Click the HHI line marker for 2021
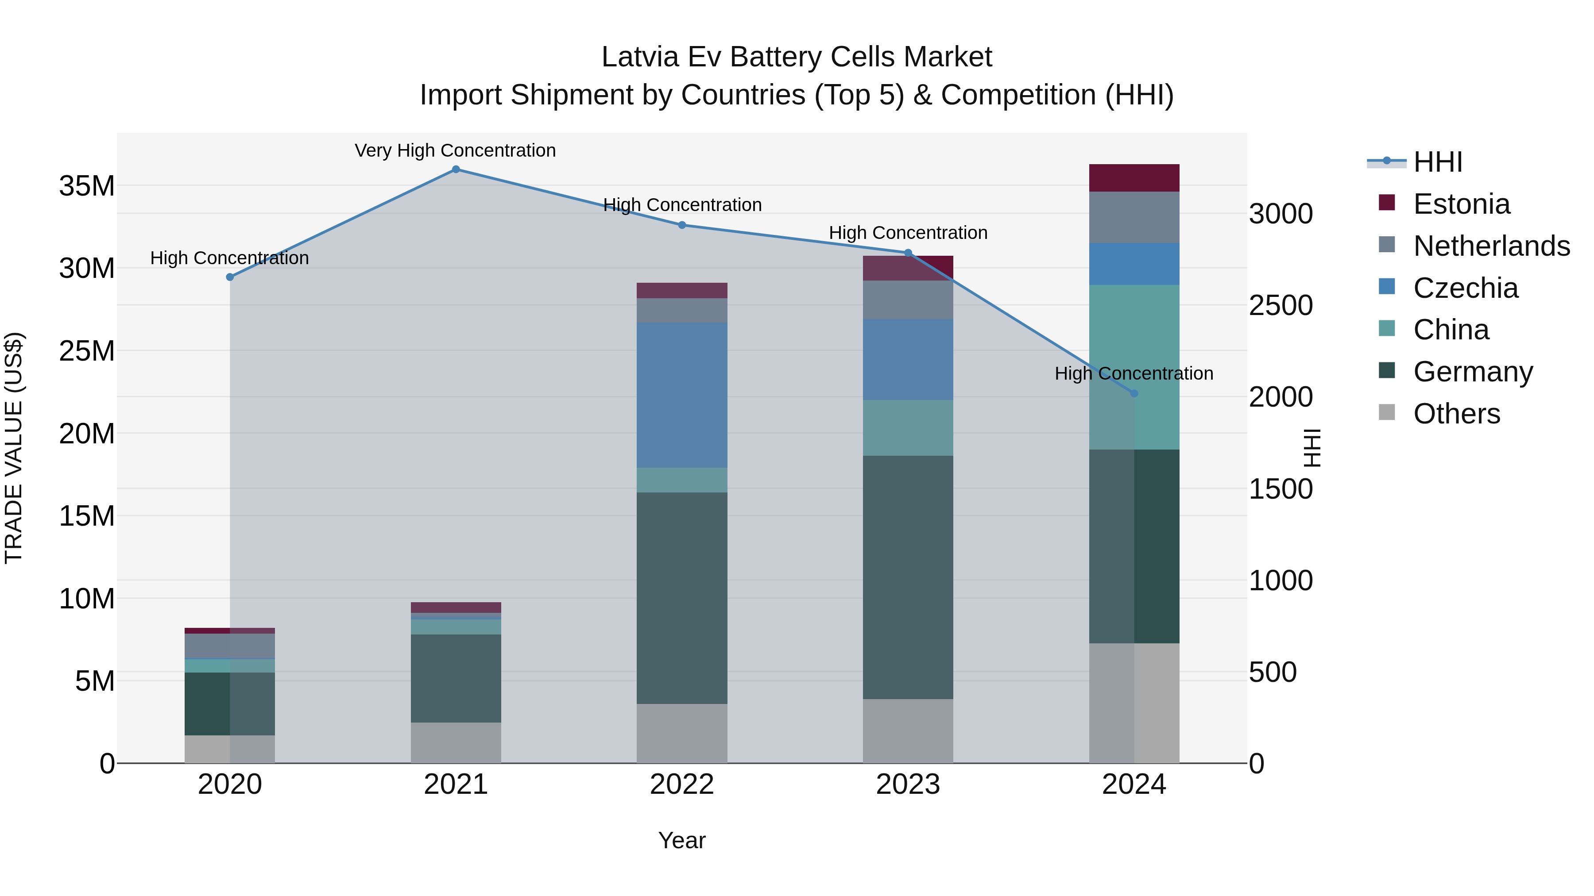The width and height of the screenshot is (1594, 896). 456,169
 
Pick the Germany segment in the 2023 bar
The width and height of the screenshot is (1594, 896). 908,577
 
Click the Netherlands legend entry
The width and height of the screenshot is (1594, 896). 1491,246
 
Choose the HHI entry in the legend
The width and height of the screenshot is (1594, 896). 1437,162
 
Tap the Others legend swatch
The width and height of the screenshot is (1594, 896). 1387,412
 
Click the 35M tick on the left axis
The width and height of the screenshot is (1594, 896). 87,185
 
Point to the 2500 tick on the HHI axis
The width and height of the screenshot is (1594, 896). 1280,305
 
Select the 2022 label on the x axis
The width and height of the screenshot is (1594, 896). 682,784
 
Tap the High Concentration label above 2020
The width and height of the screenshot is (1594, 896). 229,258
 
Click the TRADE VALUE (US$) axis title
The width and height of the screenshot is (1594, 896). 14,448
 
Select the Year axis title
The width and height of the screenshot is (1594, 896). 681,840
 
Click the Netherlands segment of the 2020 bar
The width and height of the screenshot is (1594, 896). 229,646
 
